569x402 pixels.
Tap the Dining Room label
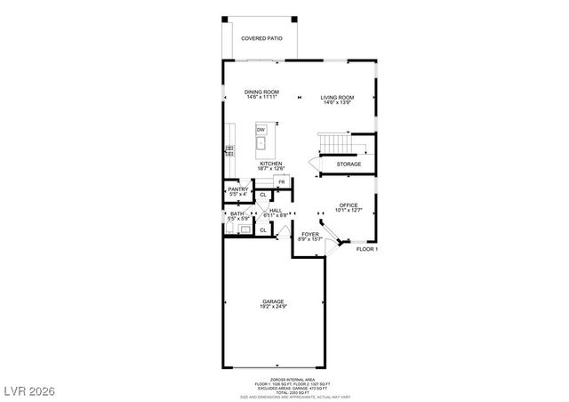[x=262, y=93]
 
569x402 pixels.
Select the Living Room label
[x=338, y=99]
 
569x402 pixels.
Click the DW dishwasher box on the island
[x=262, y=129]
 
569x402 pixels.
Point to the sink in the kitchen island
[x=262, y=142]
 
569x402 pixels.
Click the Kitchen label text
[x=271, y=166]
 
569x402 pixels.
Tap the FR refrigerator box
[x=281, y=182]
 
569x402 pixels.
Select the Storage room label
[x=348, y=165]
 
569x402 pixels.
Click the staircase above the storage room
[x=337, y=142]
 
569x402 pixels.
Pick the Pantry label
[x=237, y=191]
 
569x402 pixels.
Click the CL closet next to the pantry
[x=263, y=194]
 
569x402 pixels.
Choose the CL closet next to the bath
[x=263, y=229]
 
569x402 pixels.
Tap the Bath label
[x=237, y=216]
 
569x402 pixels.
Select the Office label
[x=349, y=207]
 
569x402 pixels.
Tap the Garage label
[x=273, y=303]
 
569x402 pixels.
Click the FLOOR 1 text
[x=367, y=250]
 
